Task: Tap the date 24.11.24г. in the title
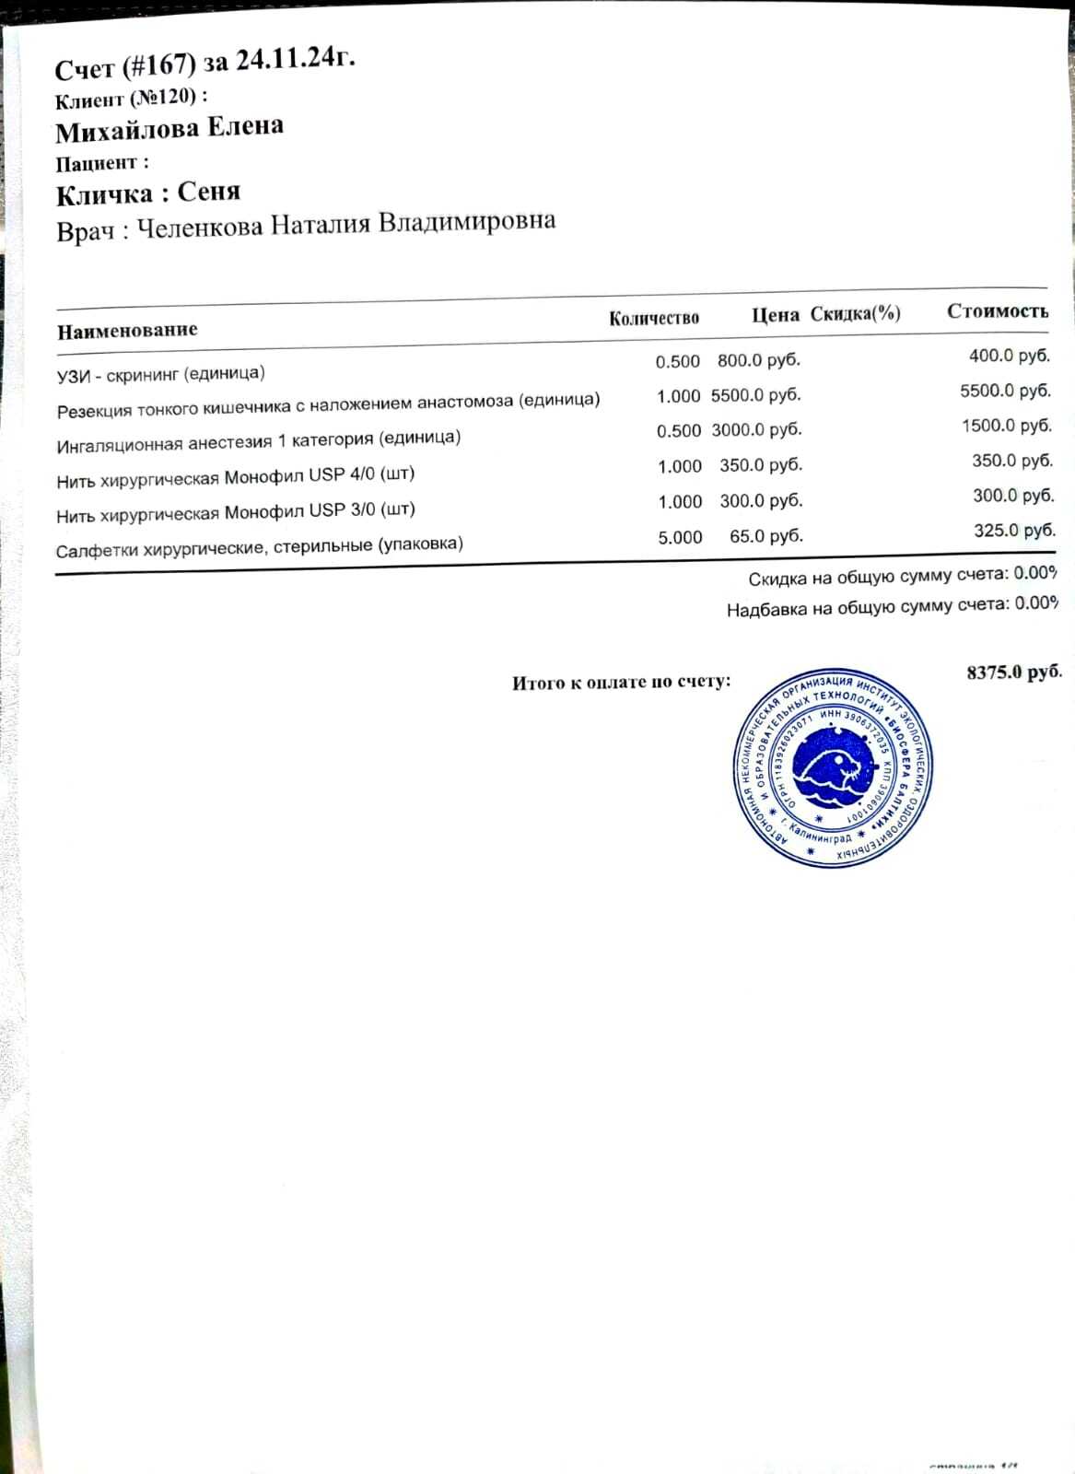295,59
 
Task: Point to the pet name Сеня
209,192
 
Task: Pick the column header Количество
654,319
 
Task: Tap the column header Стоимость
998,311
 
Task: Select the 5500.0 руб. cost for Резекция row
1005,391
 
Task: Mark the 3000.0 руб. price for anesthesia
756,430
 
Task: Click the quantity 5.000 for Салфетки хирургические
680,537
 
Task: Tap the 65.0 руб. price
765,535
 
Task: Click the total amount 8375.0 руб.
1014,673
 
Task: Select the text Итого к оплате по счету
622,683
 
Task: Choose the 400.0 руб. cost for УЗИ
1009,356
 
